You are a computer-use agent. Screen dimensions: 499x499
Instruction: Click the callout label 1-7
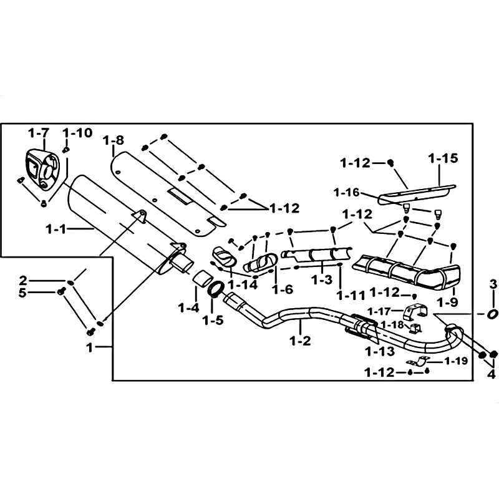(38, 133)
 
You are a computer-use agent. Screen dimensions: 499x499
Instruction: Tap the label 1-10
(78, 133)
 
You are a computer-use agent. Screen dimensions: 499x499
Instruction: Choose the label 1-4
(188, 307)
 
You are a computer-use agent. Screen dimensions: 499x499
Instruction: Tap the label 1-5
(213, 321)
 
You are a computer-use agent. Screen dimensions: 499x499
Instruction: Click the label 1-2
(300, 341)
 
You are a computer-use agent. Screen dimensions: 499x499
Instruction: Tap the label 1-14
(241, 284)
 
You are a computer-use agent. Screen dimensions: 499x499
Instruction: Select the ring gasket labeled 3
(492, 314)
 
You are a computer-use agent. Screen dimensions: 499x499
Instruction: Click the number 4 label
(490, 375)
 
